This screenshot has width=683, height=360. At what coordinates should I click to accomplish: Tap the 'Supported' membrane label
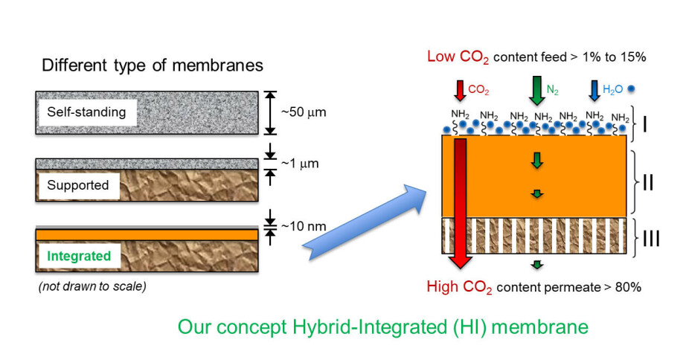coord(77,184)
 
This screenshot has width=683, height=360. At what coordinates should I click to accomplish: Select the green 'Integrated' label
coord(79,257)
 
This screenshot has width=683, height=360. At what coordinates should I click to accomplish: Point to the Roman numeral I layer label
coord(645,123)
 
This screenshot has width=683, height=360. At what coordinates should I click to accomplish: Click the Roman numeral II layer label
coord(647,181)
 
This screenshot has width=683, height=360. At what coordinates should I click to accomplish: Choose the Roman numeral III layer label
coord(650,238)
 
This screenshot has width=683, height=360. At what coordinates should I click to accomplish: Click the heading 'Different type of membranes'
coord(153,65)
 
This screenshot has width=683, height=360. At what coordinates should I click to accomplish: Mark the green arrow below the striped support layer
coord(536,264)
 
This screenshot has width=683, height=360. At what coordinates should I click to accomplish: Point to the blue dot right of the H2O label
coord(632,90)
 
